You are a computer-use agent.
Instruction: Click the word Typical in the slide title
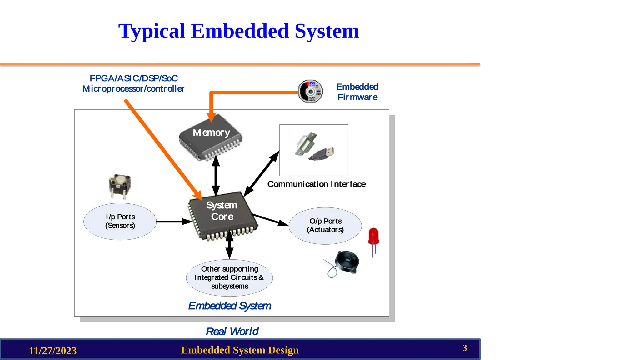152,31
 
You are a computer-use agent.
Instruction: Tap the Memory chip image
211,137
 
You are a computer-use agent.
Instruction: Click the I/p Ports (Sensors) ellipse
120,222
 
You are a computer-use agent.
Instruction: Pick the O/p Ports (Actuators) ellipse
325,226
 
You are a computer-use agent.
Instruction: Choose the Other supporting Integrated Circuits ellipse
229,277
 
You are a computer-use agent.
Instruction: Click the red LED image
373,237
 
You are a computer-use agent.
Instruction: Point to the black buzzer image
346,262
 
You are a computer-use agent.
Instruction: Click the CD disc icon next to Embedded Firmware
310,91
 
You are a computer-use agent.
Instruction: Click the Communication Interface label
316,184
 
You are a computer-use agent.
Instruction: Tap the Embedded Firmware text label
357,92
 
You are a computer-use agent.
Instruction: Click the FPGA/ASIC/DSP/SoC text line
133,78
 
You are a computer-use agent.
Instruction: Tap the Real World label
232,331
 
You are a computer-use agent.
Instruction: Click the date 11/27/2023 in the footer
53,351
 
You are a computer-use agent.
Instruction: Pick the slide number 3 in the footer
465,348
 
